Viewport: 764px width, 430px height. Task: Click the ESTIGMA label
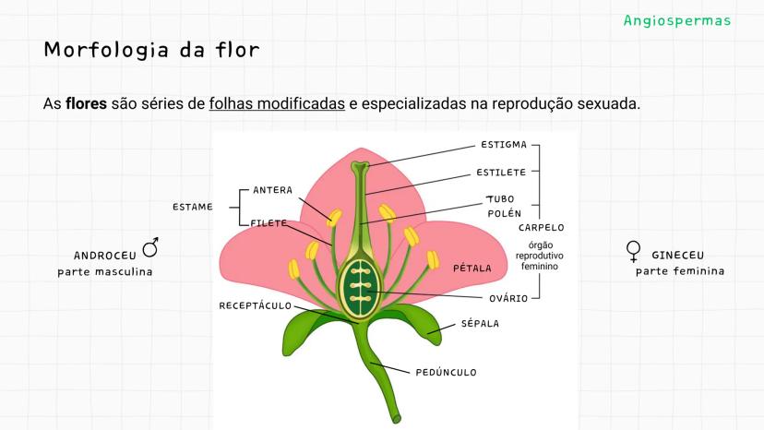(x=503, y=145)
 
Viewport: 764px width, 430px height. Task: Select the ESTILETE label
(x=501, y=173)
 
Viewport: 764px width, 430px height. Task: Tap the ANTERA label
(x=272, y=191)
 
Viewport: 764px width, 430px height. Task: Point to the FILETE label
(x=269, y=223)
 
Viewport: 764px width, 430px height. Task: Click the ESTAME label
(x=192, y=207)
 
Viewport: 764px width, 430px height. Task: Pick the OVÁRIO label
(x=508, y=298)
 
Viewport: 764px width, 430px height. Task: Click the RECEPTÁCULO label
(x=255, y=305)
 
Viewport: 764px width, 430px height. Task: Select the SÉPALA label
(x=480, y=324)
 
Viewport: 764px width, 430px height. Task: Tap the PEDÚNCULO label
(x=446, y=373)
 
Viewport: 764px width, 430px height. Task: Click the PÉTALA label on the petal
(x=472, y=269)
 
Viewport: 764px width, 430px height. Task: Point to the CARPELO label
(x=541, y=227)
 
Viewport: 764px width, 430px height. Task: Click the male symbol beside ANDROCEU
(x=149, y=247)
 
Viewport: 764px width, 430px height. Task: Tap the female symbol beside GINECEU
(x=633, y=251)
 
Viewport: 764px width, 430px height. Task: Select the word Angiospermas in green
(x=676, y=20)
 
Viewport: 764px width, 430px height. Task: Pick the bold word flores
(x=86, y=103)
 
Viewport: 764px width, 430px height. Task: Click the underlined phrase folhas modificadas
(x=277, y=103)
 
